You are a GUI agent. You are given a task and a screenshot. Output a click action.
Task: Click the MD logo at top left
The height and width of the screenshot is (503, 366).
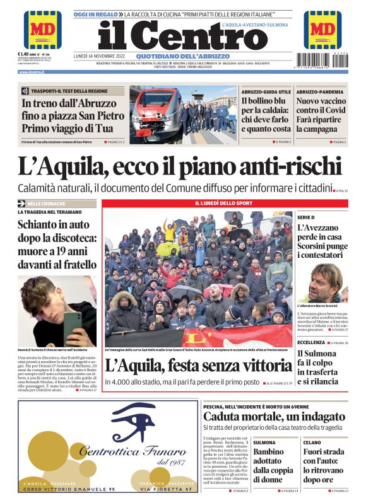click(x=42, y=30)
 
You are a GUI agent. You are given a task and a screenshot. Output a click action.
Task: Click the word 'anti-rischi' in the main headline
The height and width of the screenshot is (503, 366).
click(x=272, y=166)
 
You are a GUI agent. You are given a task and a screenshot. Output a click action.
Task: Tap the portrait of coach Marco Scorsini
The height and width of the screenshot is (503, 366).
click(x=324, y=284)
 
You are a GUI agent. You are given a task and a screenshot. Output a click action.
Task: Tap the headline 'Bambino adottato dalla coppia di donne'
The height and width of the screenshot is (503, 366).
click(x=273, y=465)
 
